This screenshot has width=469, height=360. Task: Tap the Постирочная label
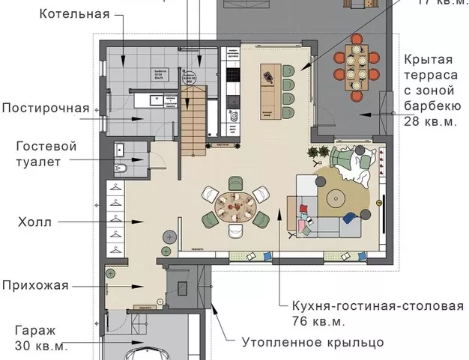click(46, 108)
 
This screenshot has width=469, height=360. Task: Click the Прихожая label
click(46, 285)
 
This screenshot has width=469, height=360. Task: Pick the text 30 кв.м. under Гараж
click(41, 346)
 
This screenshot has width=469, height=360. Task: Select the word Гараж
click(36, 329)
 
